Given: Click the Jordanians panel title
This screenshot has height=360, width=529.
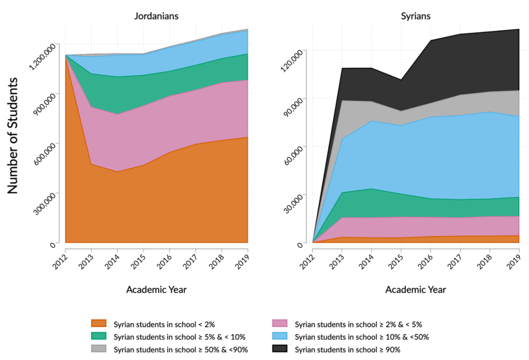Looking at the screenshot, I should point(156,16).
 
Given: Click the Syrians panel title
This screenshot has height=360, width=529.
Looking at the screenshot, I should point(415,16).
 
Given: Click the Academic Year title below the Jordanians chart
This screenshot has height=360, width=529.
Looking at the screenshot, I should point(156,290).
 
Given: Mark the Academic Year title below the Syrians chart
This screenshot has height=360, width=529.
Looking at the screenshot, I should point(415,290).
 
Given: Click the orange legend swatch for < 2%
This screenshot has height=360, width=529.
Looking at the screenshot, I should point(99,323).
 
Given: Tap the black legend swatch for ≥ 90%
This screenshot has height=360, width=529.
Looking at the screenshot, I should point(280,349).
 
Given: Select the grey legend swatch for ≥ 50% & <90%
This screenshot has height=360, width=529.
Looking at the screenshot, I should point(99,349).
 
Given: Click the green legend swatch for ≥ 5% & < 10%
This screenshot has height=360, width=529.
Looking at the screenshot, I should point(99,336).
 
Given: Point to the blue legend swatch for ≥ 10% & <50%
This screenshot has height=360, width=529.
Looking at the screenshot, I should point(280,336).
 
